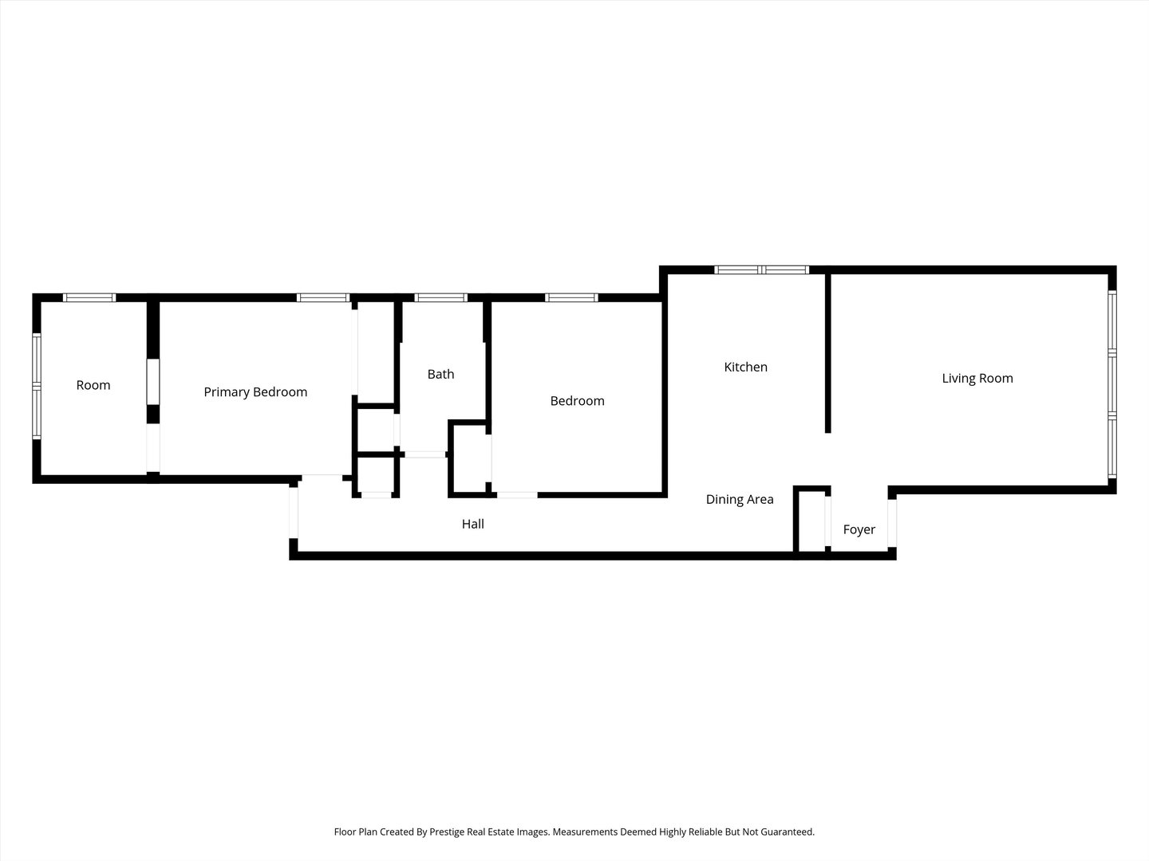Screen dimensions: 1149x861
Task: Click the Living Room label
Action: pos(977,379)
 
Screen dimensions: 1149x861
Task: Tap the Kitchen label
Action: pos(745,367)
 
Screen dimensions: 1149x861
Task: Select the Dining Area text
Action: pos(740,499)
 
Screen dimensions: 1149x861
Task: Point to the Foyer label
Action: pos(859,529)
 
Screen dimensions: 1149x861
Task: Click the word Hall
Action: pos(472,524)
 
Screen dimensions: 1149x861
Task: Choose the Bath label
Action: pos(440,375)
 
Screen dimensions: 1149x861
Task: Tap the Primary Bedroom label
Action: pos(255,392)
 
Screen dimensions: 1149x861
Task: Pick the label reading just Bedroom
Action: pos(578,401)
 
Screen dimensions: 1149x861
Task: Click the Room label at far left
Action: pos(93,385)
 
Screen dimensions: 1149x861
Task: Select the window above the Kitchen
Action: pos(762,269)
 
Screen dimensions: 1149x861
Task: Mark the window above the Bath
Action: pos(440,297)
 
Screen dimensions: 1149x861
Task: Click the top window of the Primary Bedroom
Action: pos(323,297)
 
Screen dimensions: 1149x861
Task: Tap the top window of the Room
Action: pos(89,297)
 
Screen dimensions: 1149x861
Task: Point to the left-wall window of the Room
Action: pos(37,387)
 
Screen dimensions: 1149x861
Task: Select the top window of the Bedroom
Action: pos(571,297)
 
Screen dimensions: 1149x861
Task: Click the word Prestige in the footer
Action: pos(447,832)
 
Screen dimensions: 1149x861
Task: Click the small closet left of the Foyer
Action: pos(811,521)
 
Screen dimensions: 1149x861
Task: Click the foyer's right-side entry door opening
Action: pos(892,523)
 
